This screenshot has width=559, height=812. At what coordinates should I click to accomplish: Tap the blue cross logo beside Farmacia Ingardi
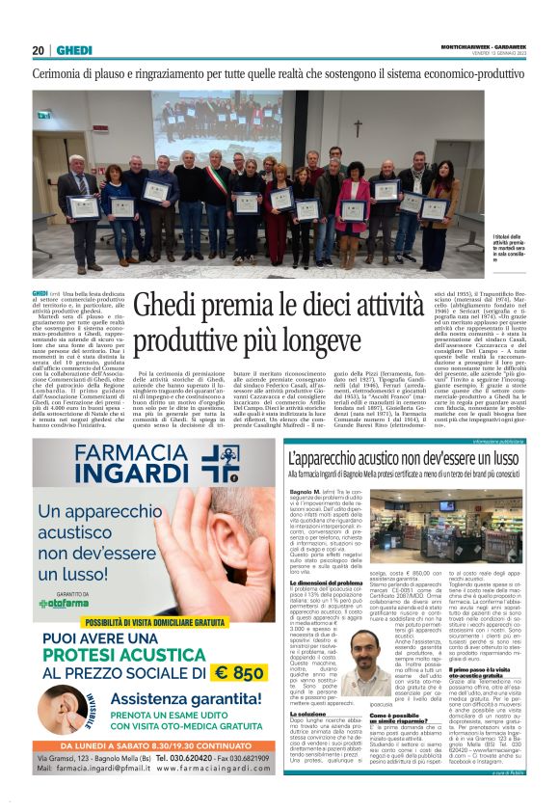pyautogui.click(x=220, y=465)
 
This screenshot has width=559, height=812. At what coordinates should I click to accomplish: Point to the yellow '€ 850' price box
pyautogui.click(x=237, y=671)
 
